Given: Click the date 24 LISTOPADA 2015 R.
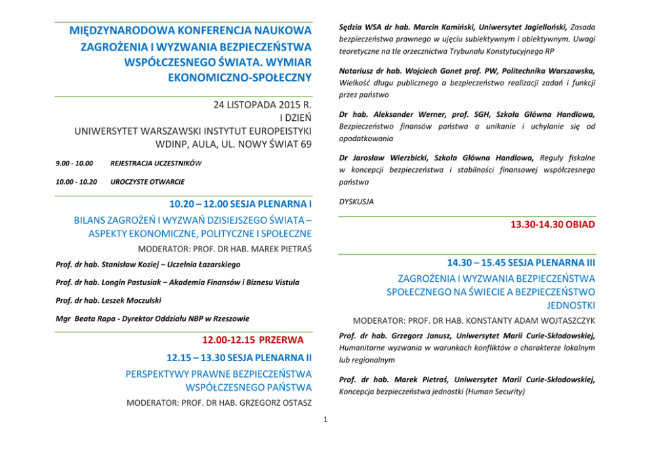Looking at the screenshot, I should [x=262, y=105].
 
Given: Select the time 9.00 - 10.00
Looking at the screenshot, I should [x=73, y=163].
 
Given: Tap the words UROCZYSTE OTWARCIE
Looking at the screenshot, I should [x=147, y=181].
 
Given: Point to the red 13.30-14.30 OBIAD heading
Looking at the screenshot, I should [x=553, y=225].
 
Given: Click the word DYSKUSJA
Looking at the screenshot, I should [x=356, y=202].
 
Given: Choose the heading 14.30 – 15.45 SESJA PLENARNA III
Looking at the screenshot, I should [x=521, y=262].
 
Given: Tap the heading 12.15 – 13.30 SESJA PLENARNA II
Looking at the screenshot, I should [x=238, y=359].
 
